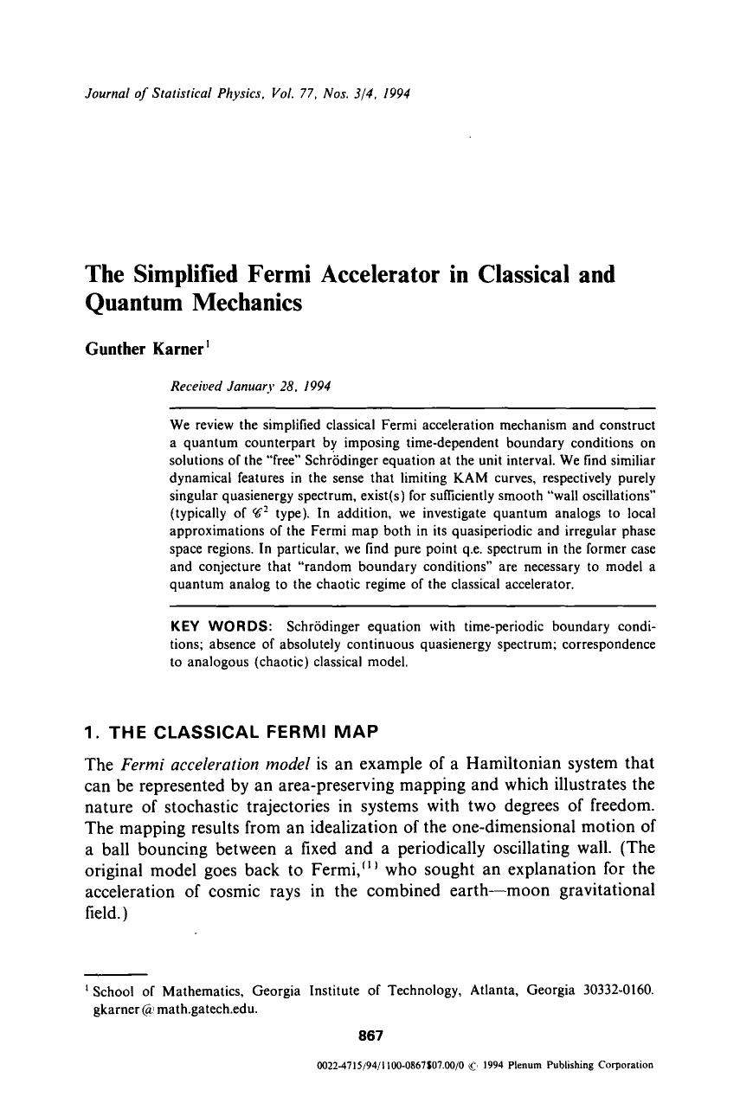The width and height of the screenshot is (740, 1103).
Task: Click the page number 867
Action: click(370, 1035)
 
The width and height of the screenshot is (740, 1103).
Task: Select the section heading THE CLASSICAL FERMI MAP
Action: click(243, 733)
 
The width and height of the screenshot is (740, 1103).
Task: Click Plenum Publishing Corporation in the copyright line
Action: click(589, 1066)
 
